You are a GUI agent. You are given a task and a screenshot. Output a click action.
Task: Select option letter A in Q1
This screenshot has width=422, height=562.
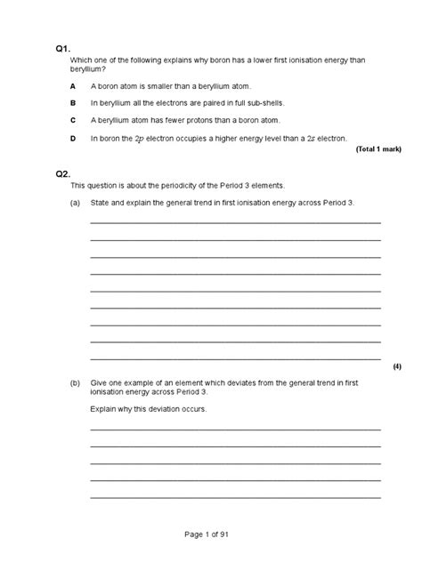[73, 86]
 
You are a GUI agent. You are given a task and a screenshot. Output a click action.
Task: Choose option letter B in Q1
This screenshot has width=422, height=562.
[73, 103]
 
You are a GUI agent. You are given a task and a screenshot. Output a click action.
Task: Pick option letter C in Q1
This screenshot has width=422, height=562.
[73, 121]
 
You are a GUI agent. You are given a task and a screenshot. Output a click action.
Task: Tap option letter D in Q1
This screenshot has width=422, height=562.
[73, 139]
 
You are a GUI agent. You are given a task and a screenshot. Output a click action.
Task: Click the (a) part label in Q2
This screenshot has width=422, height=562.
[76, 203]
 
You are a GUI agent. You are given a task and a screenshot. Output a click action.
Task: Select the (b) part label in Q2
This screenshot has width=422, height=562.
[76, 382]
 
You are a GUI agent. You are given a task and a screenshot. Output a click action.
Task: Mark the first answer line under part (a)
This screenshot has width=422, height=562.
[235, 222]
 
